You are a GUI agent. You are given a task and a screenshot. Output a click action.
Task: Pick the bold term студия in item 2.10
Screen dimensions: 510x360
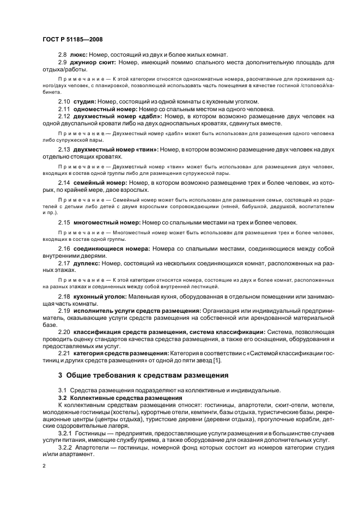click(x=84, y=101)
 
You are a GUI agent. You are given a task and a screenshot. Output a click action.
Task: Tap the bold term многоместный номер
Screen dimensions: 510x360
click(x=106, y=222)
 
